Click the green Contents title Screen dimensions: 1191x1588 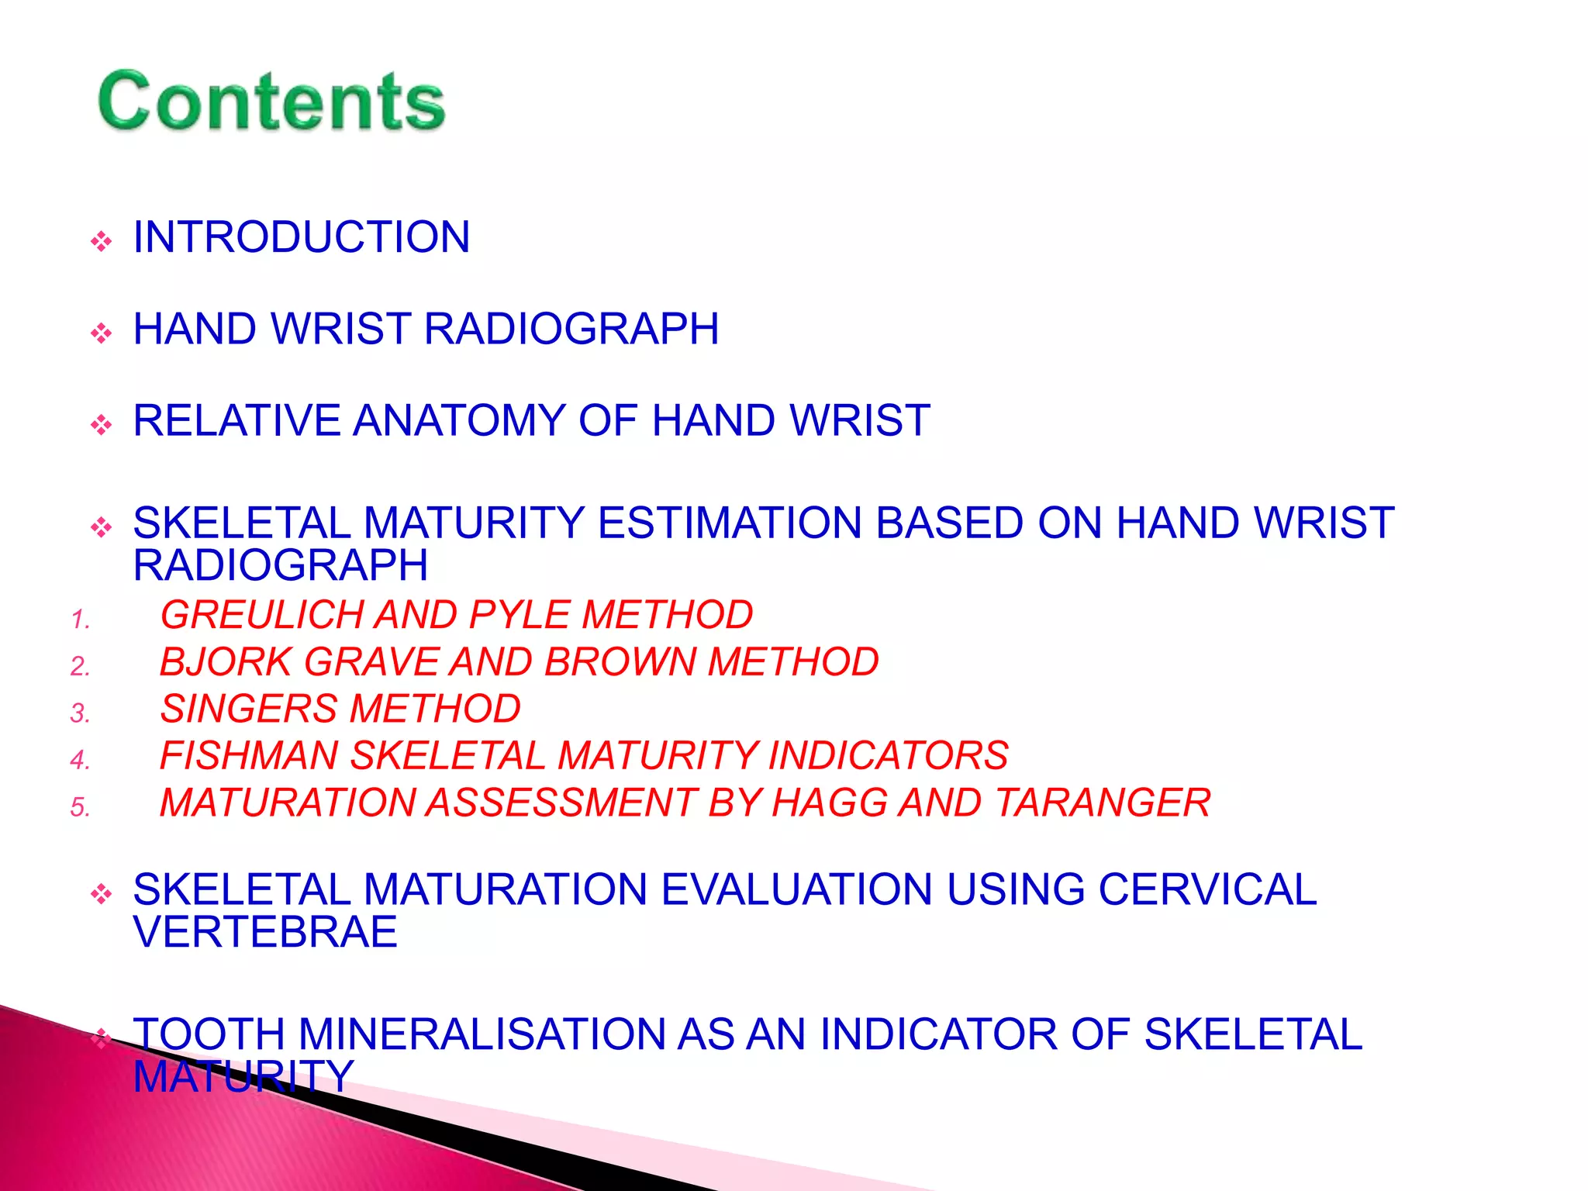point(271,101)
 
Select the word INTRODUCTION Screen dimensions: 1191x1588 point(302,237)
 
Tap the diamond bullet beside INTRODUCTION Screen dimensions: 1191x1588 point(101,242)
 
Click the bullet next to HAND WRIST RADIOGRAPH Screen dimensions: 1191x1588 point(101,334)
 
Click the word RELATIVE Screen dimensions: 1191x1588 point(236,421)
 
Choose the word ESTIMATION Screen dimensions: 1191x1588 point(729,523)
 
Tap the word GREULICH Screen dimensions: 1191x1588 point(260,616)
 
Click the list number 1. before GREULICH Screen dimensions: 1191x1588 point(81,620)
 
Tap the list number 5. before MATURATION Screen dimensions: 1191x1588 point(81,807)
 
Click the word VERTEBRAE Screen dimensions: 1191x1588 point(265,933)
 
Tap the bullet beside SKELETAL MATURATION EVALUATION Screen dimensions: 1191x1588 point(101,895)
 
